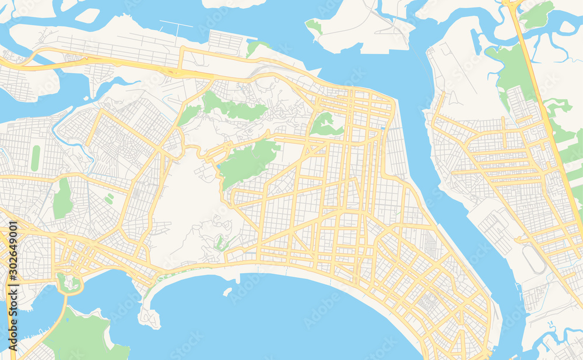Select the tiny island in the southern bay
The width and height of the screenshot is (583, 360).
point(227,292)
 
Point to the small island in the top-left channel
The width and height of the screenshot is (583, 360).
point(87,16)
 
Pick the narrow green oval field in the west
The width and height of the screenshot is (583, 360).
point(36,158)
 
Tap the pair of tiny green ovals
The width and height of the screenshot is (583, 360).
point(108,199)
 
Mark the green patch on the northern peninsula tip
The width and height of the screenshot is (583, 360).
point(314,27)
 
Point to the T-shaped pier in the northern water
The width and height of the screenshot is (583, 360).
point(175,26)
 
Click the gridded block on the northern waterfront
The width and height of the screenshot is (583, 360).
point(224,42)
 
